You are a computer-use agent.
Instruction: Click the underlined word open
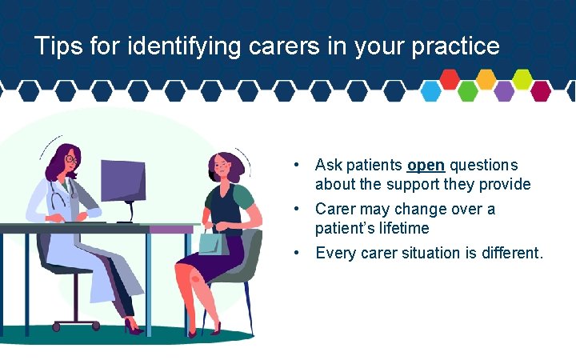(426, 166)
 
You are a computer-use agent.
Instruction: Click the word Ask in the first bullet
(328, 166)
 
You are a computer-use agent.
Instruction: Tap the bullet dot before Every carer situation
(297, 254)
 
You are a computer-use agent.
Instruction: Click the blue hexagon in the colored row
(431, 91)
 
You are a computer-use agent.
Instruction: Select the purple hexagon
(504, 91)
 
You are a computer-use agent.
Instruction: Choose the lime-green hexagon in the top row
(522, 78)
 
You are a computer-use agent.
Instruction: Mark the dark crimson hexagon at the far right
(541, 91)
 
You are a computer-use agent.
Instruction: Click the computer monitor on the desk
(122, 182)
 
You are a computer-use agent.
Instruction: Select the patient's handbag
(214, 240)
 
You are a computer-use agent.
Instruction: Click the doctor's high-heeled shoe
(132, 327)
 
